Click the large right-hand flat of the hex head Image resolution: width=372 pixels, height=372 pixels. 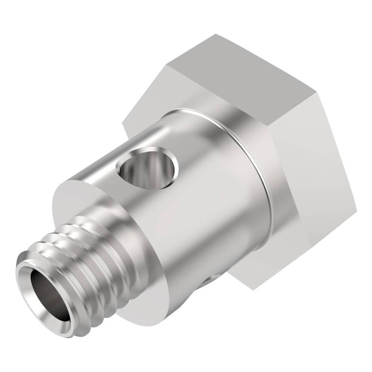pyautogui.click(x=316, y=179)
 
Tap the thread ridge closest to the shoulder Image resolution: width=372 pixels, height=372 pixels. pyautogui.click(x=112, y=238)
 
